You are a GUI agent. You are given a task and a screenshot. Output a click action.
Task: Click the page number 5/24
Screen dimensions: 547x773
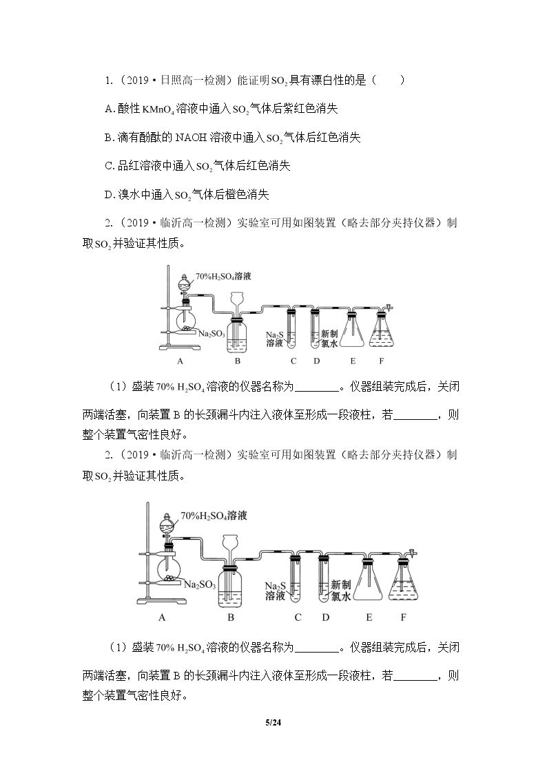coord(273,723)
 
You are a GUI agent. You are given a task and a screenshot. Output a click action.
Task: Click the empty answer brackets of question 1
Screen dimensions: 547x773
coord(388,81)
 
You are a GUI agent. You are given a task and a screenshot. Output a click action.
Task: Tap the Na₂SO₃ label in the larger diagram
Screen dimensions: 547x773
coord(200,584)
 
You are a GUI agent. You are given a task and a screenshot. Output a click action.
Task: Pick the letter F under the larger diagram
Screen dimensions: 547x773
coord(403,617)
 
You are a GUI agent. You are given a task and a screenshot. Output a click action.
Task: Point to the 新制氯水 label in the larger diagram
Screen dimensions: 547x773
coord(340,591)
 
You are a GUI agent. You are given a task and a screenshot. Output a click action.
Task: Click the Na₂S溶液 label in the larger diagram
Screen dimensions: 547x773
coord(276,591)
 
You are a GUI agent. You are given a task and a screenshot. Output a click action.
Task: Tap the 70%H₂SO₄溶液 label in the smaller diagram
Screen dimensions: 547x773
coord(223,276)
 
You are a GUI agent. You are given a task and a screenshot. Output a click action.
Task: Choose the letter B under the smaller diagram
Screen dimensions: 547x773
coord(237,361)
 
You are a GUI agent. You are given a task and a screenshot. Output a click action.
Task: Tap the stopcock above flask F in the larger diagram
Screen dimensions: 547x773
coord(411,551)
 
